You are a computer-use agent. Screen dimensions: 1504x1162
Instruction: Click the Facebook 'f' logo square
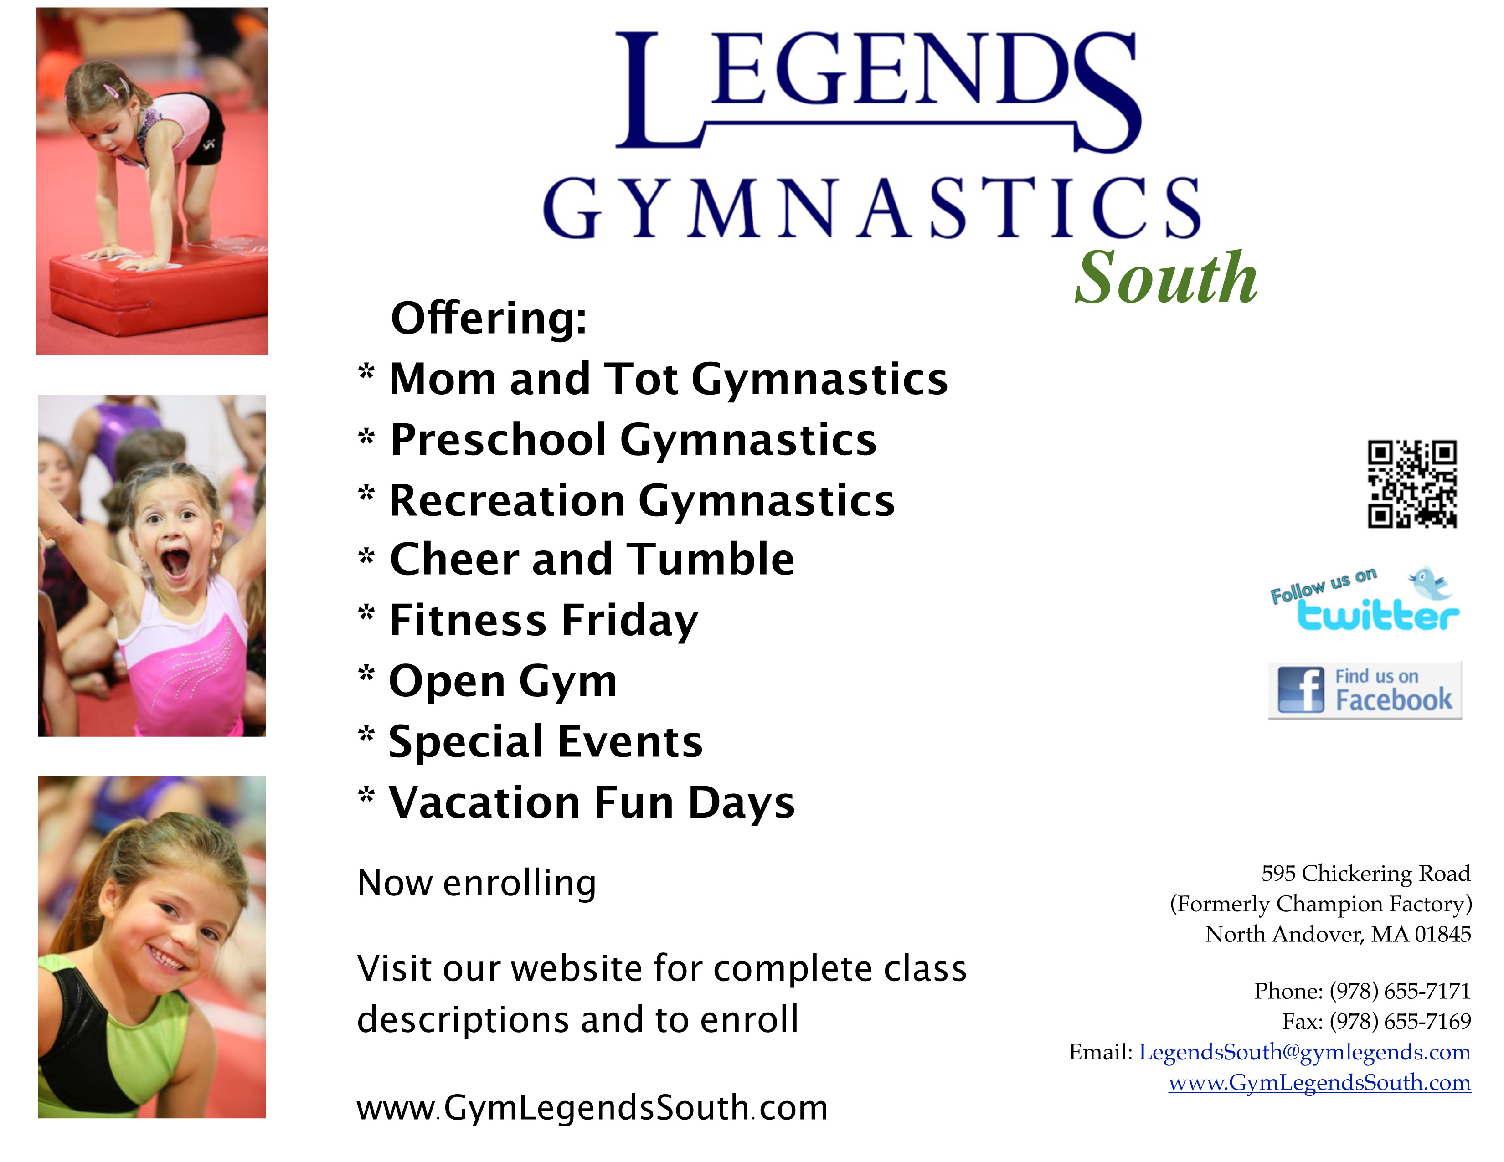(1301, 690)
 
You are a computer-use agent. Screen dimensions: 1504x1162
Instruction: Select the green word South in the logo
(1166, 278)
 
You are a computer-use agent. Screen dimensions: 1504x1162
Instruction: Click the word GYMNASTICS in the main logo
(872, 207)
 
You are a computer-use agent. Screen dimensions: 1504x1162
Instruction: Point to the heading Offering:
(488, 318)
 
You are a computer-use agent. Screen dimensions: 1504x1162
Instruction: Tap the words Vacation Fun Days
(592, 802)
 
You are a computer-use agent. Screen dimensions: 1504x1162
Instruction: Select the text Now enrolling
(477, 883)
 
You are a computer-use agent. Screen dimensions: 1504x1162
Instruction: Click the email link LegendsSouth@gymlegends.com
(1304, 1052)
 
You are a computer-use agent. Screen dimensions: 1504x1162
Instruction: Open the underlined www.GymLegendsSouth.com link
(1319, 1083)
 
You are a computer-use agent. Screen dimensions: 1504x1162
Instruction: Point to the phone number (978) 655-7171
(1399, 991)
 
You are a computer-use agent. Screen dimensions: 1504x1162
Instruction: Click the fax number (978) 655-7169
(1399, 1022)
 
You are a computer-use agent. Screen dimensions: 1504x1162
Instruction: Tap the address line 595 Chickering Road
(1365, 874)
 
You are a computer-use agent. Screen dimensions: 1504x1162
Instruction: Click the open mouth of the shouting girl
(175, 561)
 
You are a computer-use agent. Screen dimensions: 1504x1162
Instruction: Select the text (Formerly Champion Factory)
(1321, 904)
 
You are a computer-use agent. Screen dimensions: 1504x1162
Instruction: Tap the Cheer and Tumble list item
(592, 559)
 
